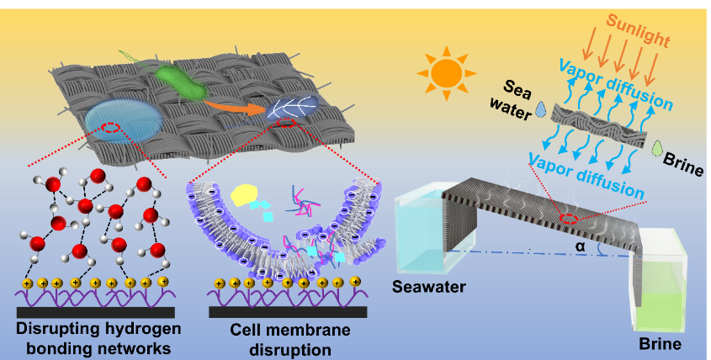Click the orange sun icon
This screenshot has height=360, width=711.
click(446, 73)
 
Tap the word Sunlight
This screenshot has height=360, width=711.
click(638, 30)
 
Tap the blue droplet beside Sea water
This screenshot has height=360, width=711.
click(540, 109)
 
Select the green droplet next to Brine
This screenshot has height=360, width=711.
click(656, 148)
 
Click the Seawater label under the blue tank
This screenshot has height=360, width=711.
click(429, 287)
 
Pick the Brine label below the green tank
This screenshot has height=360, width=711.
click(660, 344)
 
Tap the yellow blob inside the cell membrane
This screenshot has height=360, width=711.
click(244, 195)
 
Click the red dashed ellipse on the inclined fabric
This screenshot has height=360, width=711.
click(568, 220)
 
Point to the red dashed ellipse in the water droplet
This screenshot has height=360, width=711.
click(110, 128)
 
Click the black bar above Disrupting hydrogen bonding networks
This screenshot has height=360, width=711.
click(96, 312)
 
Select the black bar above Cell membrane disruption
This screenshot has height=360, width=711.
click(288, 312)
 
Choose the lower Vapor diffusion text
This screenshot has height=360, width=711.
click(586, 176)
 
